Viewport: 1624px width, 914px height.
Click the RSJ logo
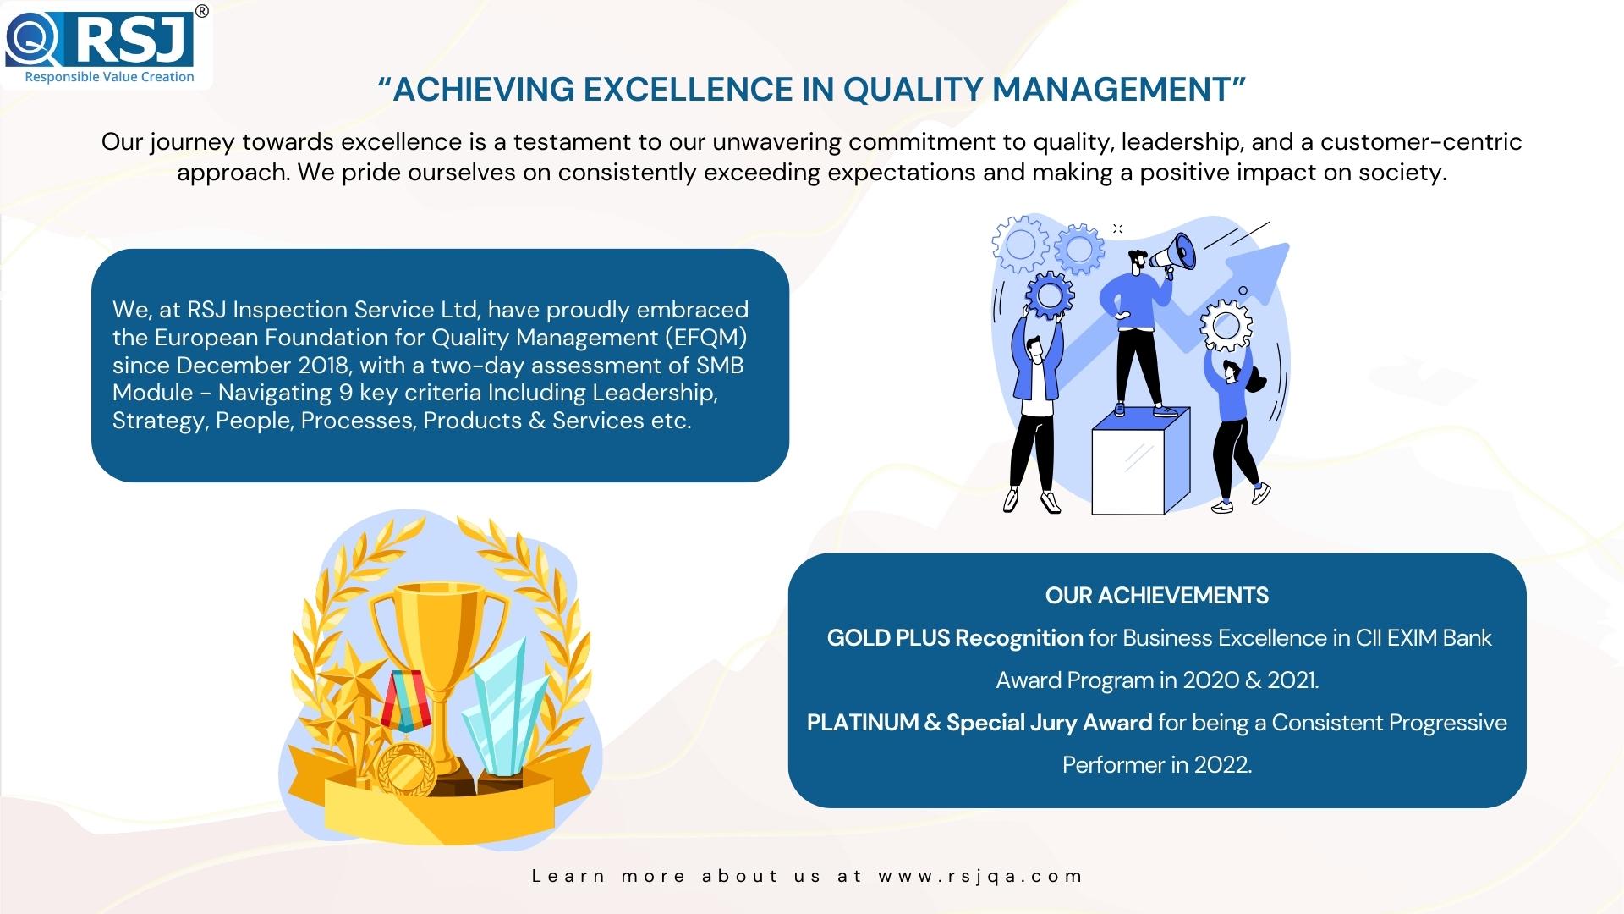tap(100, 42)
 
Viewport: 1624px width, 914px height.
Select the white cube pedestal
tap(1141, 461)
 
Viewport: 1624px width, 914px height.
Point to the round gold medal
tap(406, 768)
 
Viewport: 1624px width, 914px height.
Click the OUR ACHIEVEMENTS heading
tap(1156, 596)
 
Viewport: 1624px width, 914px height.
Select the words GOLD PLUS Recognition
tap(955, 638)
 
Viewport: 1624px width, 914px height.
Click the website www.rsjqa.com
tap(980, 877)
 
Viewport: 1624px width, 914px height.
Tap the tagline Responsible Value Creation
tap(109, 77)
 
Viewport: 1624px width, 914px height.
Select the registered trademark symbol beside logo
tap(202, 11)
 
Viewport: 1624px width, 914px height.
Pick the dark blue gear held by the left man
tap(1049, 295)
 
